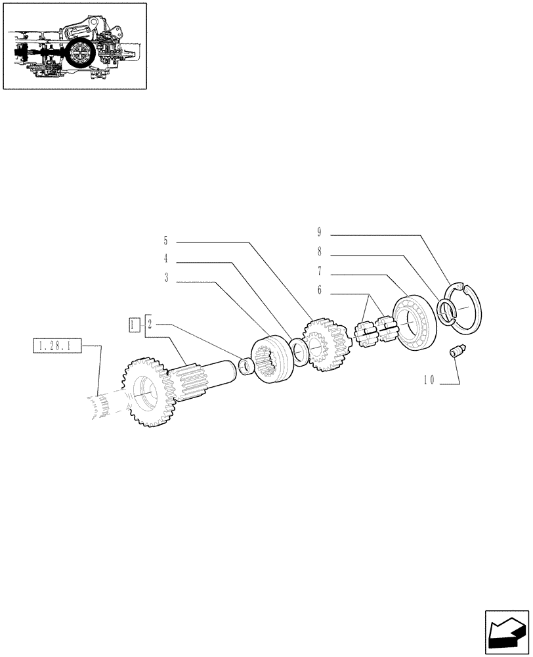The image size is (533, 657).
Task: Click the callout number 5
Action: pos(166,240)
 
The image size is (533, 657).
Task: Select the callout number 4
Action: pos(166,259)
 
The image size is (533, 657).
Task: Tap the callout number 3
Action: pos(166,279)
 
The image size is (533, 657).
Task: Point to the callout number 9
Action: pos(319,231)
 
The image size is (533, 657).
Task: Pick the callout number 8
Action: pos(319,251)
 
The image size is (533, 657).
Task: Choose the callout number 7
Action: pos(319,271)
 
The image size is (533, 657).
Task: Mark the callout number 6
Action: pos(319,290)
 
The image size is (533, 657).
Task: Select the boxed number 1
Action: pos(134,324)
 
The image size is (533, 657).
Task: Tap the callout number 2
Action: pos(150,324)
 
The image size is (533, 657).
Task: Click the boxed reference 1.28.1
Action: pos(56,345)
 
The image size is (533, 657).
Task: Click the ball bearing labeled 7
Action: pos(412,324)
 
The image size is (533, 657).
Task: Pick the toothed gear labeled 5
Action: pos(325,345)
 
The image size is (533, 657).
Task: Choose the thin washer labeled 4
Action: pos(299,353)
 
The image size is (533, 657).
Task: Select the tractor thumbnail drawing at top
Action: pos(75,45)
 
